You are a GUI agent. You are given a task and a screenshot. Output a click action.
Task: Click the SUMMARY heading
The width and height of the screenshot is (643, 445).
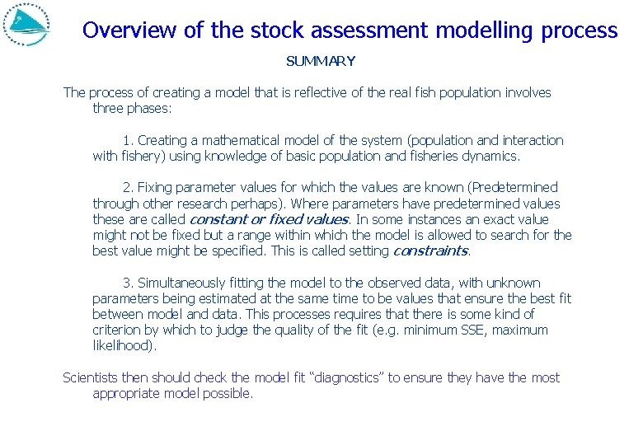tap(321, 61)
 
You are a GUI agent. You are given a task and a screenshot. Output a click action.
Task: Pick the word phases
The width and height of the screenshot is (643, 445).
tap(150, 108)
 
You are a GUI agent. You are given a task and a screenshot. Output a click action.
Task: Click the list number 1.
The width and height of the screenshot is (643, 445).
tap(127, 140)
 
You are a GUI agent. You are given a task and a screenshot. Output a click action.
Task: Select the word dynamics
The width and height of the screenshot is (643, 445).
tap(491, 156)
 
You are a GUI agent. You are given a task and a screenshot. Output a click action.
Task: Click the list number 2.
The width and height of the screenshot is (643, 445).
tap(127, 188)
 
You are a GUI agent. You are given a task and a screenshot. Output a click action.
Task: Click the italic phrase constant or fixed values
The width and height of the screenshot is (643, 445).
tap(270, 219)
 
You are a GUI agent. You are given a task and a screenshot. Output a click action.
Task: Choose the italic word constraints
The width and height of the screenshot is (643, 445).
tap(430, 251)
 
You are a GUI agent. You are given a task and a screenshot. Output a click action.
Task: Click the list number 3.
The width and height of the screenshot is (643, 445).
tap(127, 283)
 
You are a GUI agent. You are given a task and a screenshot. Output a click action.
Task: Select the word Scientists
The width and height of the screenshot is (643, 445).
tap(92, 377)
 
